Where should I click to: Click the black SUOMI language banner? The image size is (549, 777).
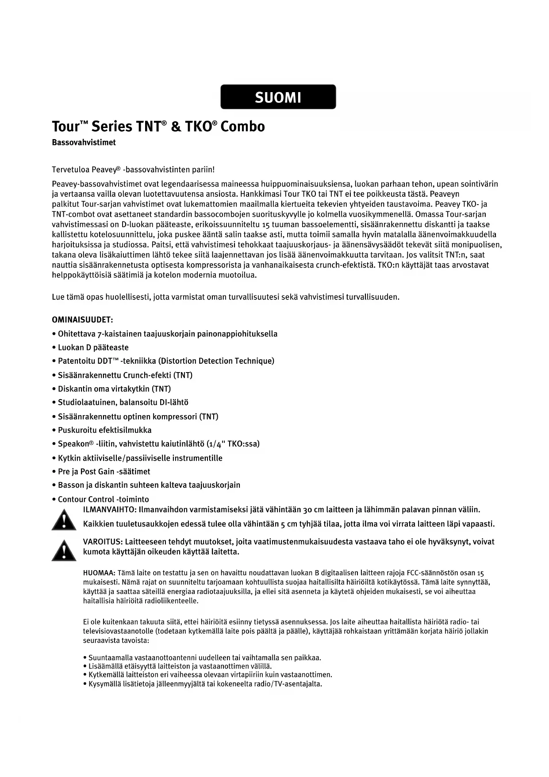point(278,97)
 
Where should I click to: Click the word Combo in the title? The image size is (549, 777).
point(242,127)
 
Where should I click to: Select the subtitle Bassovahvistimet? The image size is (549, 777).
point(84,143)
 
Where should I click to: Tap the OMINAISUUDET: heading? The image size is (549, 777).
point(82,320)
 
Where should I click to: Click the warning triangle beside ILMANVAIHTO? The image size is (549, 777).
point(64,520)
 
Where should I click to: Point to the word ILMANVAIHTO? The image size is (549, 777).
point(110,510)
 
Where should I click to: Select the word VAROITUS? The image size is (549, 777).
point(103,542)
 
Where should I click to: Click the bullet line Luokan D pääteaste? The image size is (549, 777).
point(93,348)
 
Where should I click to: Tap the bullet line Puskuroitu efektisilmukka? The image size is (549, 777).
point(104,430)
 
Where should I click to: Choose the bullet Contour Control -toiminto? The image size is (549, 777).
point(104,499)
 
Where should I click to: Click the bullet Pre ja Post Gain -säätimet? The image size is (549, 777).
point(104,472)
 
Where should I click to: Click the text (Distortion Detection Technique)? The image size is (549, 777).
point(216,361)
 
